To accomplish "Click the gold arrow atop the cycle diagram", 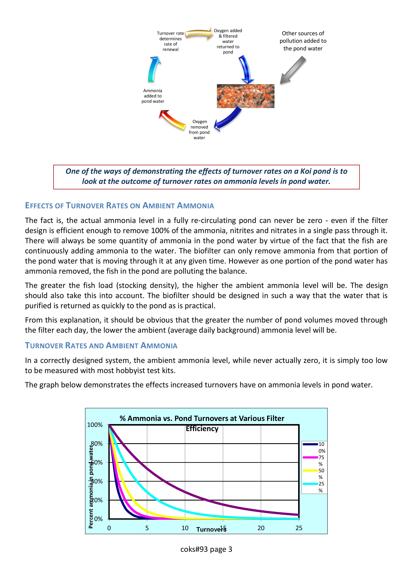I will pyautogui.click(x=199, y=34).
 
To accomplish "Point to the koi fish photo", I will pyautogui.click(x=245, y=96).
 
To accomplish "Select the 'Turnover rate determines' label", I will pyautogui.click(x=170, y=41).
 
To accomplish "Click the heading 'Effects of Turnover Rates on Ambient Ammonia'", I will pyautogui.click(x=119, y=205).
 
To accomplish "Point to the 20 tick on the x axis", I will pyautogui.click(x=261, y=528).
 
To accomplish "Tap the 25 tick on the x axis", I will pyautogui.click(x=299, y=528).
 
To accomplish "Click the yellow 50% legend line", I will pyautogui.click(x=310, y=470).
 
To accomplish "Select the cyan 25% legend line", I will pyautogui.click(x=310, y=484).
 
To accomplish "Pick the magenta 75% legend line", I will pyautogui.click(x=310, y=457).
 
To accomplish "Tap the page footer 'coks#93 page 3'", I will pyautogui.click(x=206, y=549).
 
